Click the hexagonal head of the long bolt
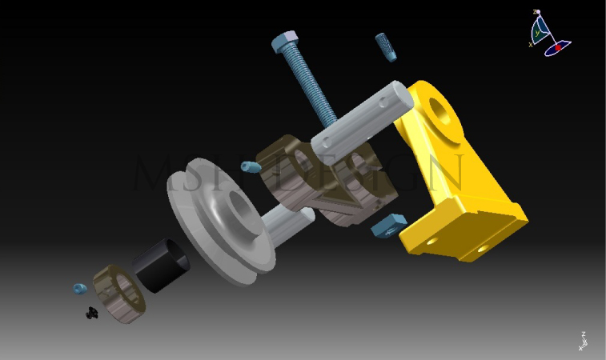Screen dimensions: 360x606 click(286, 41)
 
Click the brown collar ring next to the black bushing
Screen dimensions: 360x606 click(119, 294)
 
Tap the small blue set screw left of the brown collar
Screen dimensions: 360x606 click(79, 288)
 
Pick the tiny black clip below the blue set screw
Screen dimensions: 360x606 click(91, 314)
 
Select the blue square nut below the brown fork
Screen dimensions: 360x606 click(388, 225)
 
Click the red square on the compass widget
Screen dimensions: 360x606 click(558, 48)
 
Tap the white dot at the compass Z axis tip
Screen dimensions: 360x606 click(537, 12)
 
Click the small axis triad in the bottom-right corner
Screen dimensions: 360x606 click(582, 341)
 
